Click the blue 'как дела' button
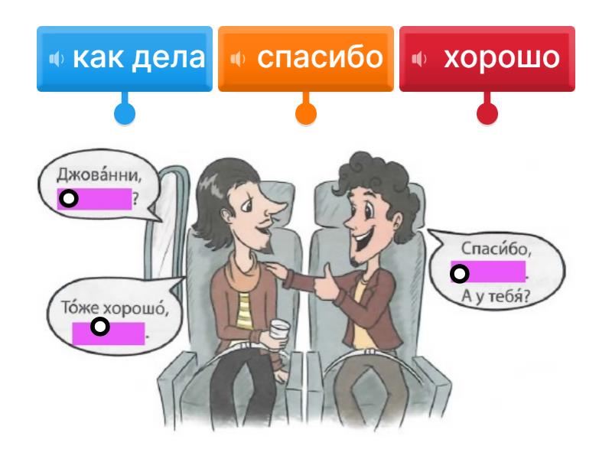pos(125,59)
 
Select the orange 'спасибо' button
pos(306,59)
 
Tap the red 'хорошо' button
pos(487,59)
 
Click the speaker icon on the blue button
pos(57,59)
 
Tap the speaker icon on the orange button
pos(238,59)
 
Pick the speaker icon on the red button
pos(419,59)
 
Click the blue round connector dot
pos(125,114)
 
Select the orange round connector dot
pos(306,114)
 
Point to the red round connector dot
pos(487,114)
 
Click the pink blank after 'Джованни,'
pos(94,200)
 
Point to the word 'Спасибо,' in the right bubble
pos(486,249)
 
